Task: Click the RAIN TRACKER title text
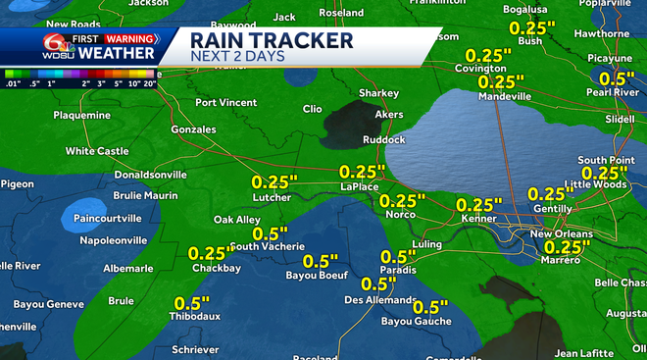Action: (x=271, y=40)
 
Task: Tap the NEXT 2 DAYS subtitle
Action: (x=236, y=57)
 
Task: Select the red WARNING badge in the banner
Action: (x=117, y=37)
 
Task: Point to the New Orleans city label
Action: (x=561, y=234)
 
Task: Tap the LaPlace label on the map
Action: (x=360, y=185)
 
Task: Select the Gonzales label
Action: (x=192, y=129)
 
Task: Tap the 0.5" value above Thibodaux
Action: (x=192, y=302)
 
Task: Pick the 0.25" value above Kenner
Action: (x=479, y=205)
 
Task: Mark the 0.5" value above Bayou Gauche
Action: (x=429, y=307)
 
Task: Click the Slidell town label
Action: (x=620, y=119)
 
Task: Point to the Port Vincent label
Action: (x=226, y=102)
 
